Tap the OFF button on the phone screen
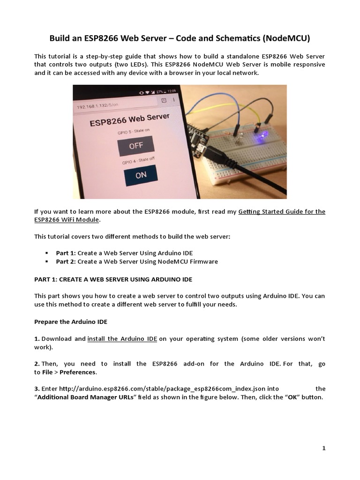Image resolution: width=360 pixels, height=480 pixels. click(136, 145)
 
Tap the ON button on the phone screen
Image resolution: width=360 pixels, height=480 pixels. click(141, 175)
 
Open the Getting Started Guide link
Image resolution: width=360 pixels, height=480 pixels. click(281, 212)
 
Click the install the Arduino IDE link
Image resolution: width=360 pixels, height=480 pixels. click(122, 339)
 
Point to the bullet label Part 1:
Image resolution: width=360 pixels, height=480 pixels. click(66, 253)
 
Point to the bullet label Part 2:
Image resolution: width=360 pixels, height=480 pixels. click(66, 262)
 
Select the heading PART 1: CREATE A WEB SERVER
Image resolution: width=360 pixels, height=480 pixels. click(113, 279)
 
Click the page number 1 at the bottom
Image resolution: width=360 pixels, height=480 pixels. click(323, 448)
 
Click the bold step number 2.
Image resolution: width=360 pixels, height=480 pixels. click(37, 364)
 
